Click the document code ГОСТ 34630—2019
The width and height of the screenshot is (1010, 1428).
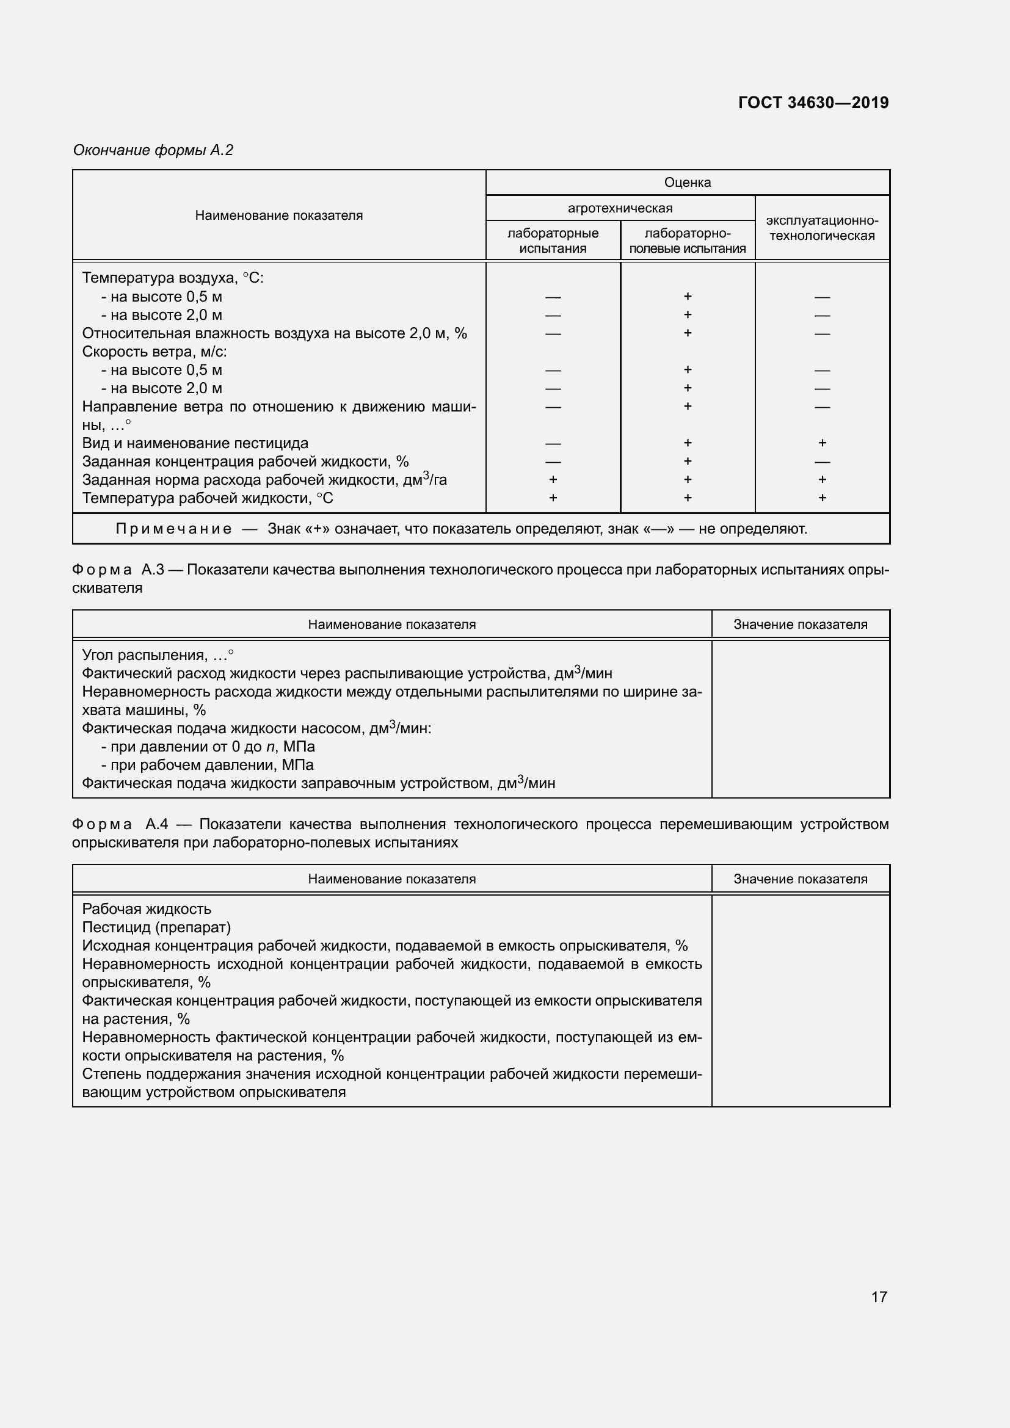point(813,103)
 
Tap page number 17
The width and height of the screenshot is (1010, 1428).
point(879,1296)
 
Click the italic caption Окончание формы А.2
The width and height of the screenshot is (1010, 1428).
point(153,150)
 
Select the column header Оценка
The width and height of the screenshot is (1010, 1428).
point(687,182)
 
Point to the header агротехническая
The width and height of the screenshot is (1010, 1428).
point(619,208)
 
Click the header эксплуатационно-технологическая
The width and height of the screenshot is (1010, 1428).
point(821,228)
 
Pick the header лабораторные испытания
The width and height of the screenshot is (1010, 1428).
point(552,241)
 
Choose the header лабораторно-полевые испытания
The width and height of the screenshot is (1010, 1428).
point(687,241)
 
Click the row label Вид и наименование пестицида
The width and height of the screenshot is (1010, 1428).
point(195,443)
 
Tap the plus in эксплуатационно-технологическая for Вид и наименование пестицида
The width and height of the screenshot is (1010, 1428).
point(821,443)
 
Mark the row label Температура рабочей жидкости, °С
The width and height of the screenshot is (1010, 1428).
point(208,498)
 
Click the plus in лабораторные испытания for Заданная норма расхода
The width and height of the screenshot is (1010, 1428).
point(552,479)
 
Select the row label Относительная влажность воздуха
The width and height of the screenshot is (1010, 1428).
point(274,333)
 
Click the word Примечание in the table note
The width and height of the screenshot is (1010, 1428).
point(173,529)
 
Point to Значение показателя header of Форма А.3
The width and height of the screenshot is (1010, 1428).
point(800,625)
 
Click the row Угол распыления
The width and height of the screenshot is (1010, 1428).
point(158,655)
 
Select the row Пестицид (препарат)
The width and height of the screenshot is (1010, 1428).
point(156,927)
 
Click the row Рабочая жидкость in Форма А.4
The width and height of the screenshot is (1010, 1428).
point(147,909)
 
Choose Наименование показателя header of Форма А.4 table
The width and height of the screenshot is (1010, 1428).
point(392,879)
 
